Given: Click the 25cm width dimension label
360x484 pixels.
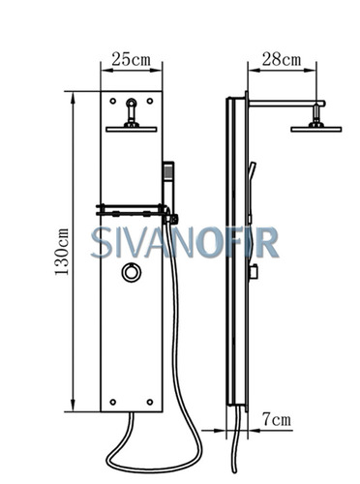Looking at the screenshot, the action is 131,59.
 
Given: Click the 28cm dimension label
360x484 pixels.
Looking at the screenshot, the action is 282,59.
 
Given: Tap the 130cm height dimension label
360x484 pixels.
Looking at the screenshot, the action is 62,252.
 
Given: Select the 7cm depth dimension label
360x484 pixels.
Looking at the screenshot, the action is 277,419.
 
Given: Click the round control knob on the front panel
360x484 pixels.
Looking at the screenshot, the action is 132,273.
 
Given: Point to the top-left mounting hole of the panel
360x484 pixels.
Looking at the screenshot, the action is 113,101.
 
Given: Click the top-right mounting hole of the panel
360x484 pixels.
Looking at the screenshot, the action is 150,101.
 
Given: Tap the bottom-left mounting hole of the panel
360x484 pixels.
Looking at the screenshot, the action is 113,402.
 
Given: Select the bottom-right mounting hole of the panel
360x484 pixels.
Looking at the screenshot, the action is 150,402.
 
